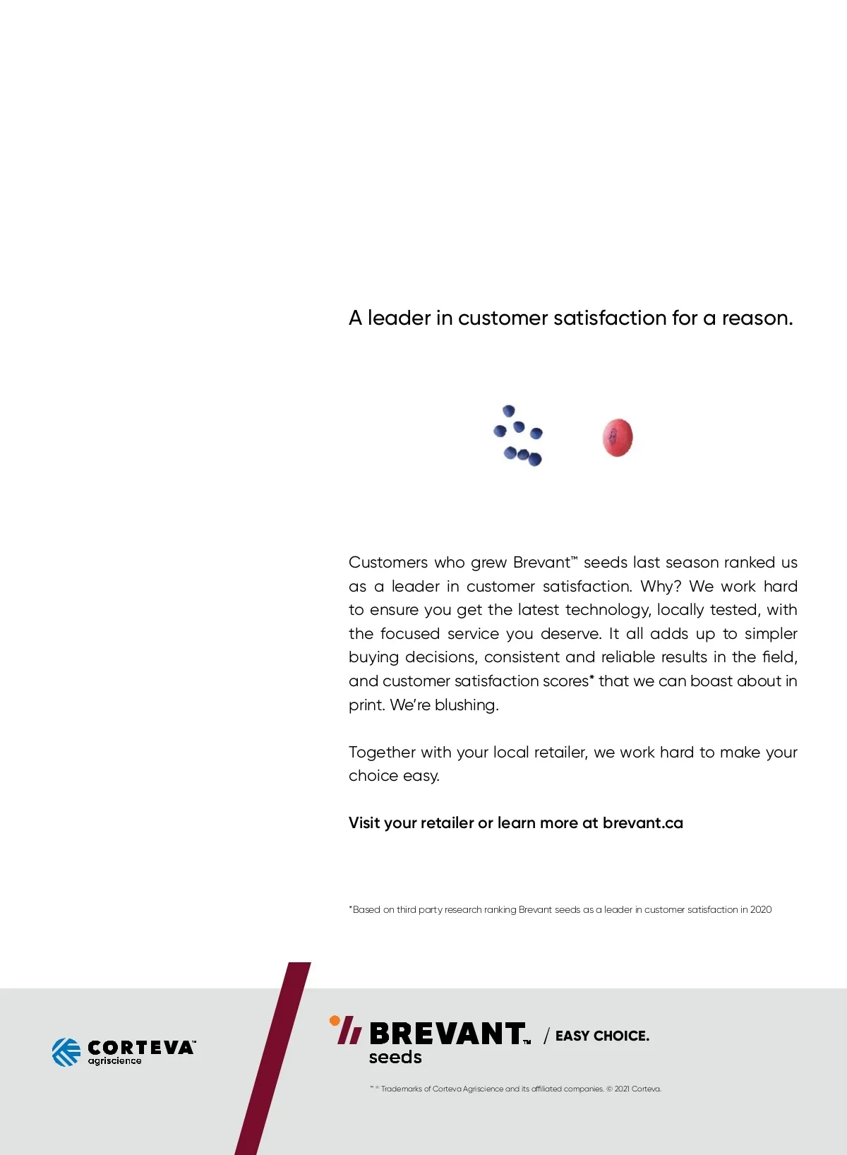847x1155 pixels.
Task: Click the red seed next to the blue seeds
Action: pyautogui.click(x=618, y=437)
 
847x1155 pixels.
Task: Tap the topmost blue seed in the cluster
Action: pyautogui.click(x=508, y=411)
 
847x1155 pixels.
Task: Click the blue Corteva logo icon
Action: pyautogui.click(x=66, y=1052)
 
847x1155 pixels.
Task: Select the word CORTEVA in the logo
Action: pyautogui.click(x=140, y=1047)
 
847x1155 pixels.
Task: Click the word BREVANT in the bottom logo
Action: pyautogui.click(x=447, y=1034)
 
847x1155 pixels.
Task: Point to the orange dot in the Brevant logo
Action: pyautogui.click(x=335, y=1020)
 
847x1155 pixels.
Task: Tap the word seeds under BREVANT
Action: pyautogui.click(x=395, y=1057)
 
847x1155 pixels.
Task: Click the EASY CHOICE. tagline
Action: pyautogui.click(x=602, y=1036)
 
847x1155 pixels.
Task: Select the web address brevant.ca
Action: pyautogui.click(x=643, y=822)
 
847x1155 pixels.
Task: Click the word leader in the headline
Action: pyautogui.click(x=399, y=318)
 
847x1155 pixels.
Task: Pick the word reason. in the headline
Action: pyautogui.click(x=757, y=318)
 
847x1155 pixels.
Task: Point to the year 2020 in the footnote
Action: pyautogui.click(x=761, y=909)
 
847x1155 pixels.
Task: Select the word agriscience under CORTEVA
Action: pyautogui.click(x=114, y=1061)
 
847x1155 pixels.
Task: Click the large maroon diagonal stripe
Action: pyautogui.click(x=273, y=1059)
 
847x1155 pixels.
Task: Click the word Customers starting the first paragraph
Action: pyautogui.click(x=388, y=562)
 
